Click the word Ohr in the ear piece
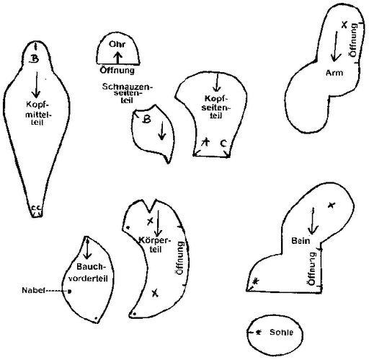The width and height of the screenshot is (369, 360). pos(117,44)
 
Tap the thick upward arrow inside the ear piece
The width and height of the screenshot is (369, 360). pos(117,58)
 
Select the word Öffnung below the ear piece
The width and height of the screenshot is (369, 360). pos(117,70)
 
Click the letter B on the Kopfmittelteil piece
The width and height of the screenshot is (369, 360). pos(34,58)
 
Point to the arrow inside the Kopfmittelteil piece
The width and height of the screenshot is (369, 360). pos(37,84)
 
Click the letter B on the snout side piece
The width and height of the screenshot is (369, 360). pos(146,119)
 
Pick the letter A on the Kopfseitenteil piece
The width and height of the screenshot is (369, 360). pos(205,142)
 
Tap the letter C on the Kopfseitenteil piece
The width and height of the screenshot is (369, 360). pos(223,144)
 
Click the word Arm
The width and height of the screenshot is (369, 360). pos(334,73)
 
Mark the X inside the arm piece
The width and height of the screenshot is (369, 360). pos(344,25)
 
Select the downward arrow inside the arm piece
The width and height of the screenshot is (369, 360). pos(335,46)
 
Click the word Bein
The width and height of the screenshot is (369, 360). pos(301,241)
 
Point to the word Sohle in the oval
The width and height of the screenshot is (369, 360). pos(281,333)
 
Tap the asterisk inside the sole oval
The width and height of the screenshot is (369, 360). pos(258,333)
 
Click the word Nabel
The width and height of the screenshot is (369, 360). pos(33,290)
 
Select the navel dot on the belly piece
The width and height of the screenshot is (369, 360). pos(69,291)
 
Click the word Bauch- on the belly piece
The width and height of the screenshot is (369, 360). pos(91,267)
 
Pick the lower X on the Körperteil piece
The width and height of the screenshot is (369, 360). pos(155,293)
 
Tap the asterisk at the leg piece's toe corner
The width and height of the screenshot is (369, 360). pos(256,281)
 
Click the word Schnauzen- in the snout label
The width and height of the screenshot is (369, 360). pos(127,87)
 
